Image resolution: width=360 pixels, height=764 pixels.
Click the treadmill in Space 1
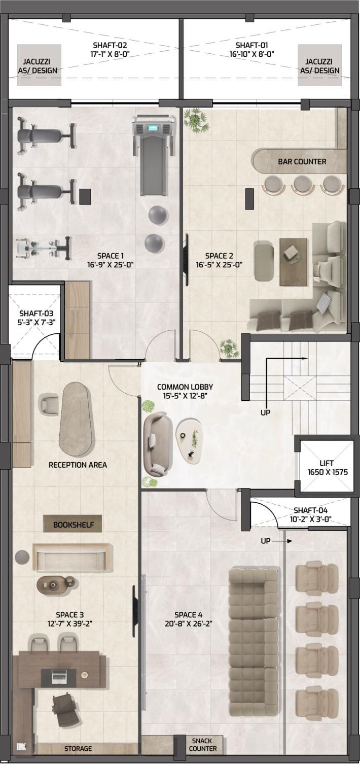point(154,155)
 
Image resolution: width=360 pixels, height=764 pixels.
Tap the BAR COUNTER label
point(302,162)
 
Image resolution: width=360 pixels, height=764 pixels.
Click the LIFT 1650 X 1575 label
point(327,468)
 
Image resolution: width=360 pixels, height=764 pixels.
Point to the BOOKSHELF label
point(74,525)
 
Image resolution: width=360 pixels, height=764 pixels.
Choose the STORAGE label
point(78,748)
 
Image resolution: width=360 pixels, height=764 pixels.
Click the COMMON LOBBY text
point(185,387)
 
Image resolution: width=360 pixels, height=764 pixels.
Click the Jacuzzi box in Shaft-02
point(39,65)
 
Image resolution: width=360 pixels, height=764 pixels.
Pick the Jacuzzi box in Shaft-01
point(319,65)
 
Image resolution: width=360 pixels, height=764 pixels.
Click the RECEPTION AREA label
point(78,465)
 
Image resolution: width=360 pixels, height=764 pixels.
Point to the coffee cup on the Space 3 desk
point(84,674)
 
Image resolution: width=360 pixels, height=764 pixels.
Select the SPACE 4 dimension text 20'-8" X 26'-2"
point(188,623)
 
